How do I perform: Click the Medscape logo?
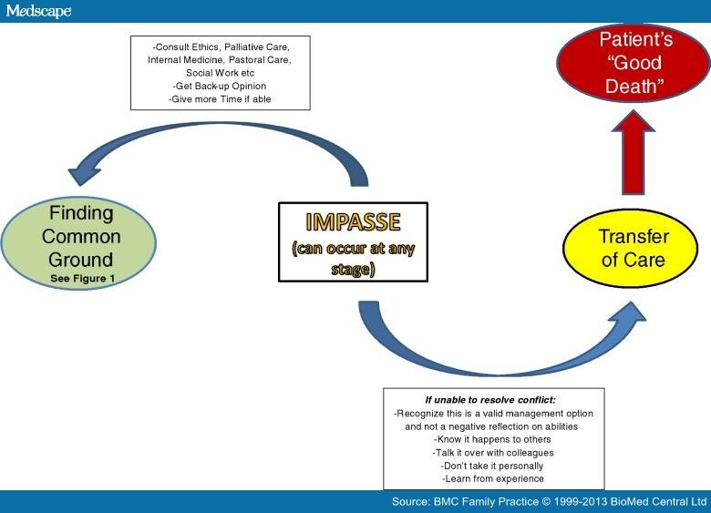click(37, 11)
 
